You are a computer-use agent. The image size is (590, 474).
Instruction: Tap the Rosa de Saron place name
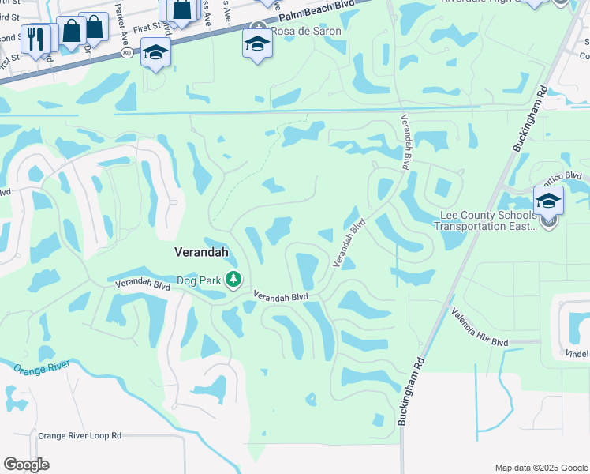pyautogui.click(x=306, y=32)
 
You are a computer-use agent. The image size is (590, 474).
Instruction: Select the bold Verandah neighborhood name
pyautogui.click(x=201, y=252)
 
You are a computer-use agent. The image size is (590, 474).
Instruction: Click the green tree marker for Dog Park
pyautogui.click(x=233, y=279)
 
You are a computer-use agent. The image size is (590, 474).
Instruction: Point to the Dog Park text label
pyautogui.click(x=199, y=280)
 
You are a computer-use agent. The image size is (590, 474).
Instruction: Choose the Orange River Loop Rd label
pyautogui.click(x=80, y=435)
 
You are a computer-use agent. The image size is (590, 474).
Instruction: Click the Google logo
pyautogui.click(x=26, y=464)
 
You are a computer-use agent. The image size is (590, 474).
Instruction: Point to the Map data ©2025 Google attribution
pyautogui.click(x=540, y=468)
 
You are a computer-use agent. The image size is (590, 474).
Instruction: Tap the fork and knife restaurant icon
pyautogui.click(x=35, y=38)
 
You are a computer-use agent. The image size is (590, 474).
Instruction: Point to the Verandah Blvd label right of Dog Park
pyautogui.click(x=280, y=296)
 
